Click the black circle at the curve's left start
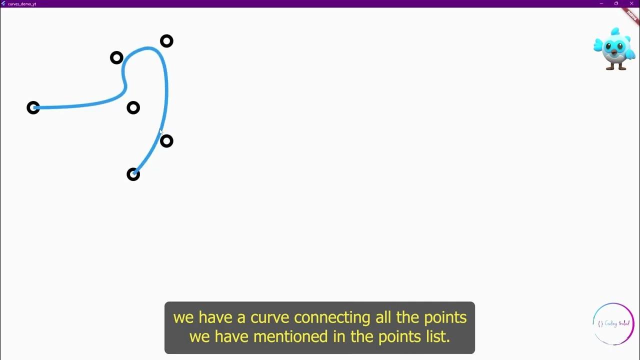[x=33, y=107]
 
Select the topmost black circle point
[x=166, y=41]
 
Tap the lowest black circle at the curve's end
[x=133, y=174]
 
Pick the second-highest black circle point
[x=116, y=58]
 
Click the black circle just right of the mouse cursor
[x=166, y=141]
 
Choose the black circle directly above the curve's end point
[x=133, y=107]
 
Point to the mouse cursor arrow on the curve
[x=160, y=131]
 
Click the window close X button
[x=631, y=3]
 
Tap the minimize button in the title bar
[x=601, y=3]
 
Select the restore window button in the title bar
[x=616, y=3]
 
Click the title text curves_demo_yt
[x=22, y=4]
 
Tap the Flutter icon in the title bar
[x=3, y=3]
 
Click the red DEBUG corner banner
[x=632, y=14]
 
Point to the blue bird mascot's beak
[x=614, y=51]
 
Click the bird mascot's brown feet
[x=616, y=66]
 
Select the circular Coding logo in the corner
[x=613, y=323]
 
